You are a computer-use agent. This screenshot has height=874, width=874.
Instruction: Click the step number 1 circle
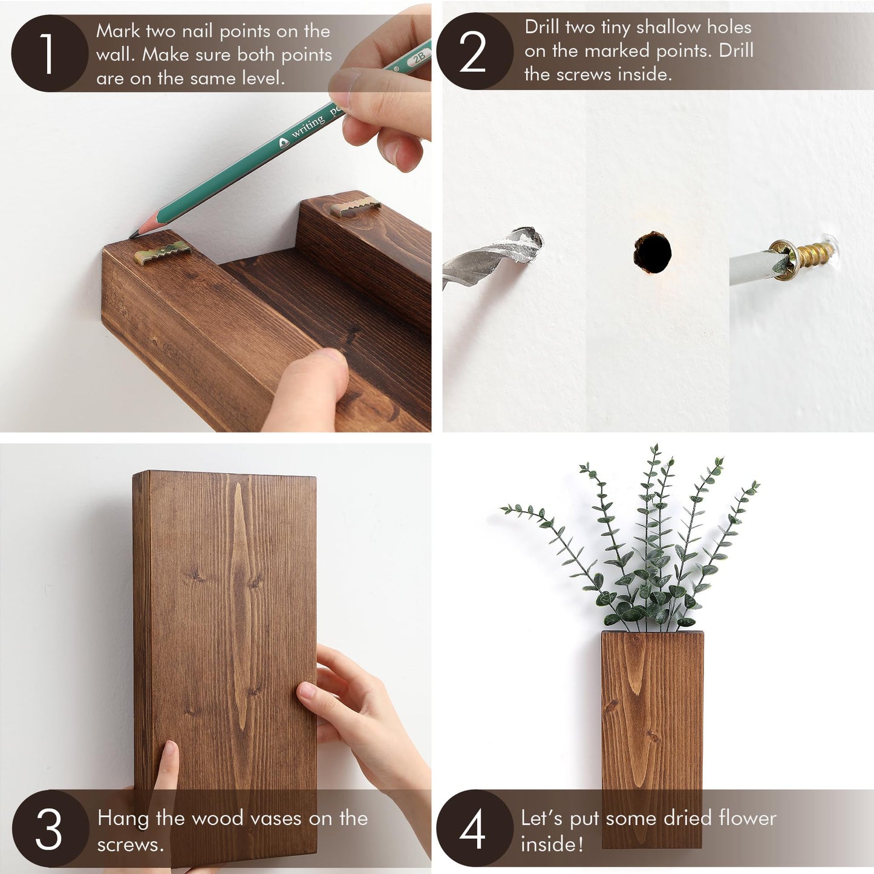coord(48,53)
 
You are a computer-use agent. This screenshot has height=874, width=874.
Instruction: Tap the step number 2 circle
coord(474,51)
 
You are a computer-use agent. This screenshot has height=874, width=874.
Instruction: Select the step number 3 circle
coord(50,828)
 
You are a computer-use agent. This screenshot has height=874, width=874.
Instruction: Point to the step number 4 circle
coord(474,828)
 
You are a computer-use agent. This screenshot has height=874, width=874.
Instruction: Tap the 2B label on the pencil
coord(419,57)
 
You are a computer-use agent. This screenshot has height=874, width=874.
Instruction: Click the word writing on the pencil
coord(308,127)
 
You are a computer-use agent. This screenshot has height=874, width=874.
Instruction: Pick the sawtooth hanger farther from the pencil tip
coord(355,205)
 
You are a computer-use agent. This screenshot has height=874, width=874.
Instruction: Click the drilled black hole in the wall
coord(653,252)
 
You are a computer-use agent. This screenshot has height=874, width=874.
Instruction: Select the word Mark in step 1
coord(118,31)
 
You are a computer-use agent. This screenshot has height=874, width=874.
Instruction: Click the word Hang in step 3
coord(123,818)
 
